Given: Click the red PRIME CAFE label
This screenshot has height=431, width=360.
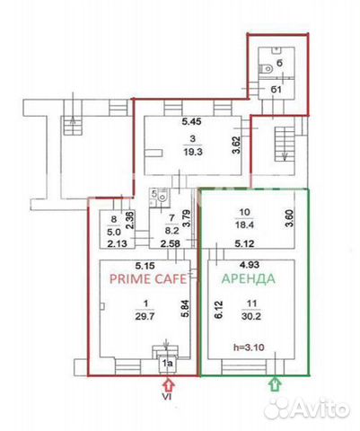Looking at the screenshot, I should [x=143, y=279].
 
